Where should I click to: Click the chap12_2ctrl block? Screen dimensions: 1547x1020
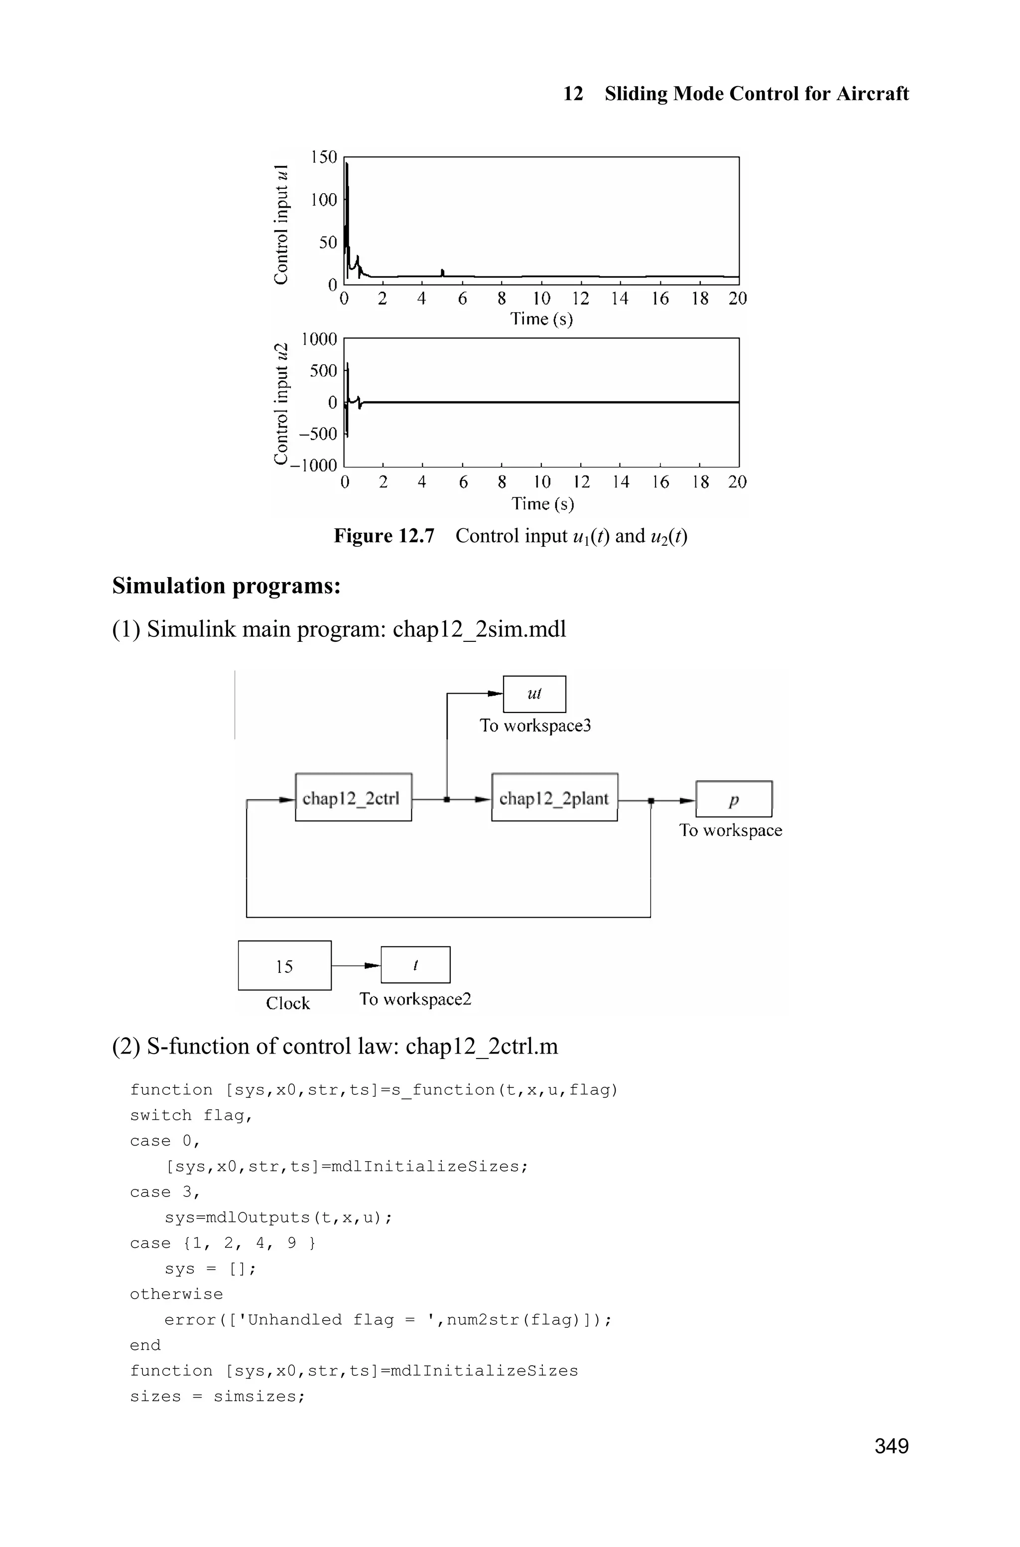click(353, 797)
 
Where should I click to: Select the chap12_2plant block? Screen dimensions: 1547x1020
click(554, 797)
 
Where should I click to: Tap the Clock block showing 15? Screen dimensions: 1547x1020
click(284, 965)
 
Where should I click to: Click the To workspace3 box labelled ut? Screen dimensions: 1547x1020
click(534, 694)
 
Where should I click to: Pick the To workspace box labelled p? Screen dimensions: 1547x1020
click(734, 799)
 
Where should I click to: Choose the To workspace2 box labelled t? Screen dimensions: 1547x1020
click(415, 965)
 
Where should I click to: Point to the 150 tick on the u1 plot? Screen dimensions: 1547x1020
click(324, 157)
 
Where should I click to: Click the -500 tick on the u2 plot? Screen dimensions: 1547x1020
click(318, 434)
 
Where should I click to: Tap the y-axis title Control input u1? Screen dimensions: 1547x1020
click(281, 225)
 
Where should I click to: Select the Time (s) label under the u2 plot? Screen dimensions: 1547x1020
click(542, 503)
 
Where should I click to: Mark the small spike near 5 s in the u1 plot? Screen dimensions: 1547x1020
click(442, 272)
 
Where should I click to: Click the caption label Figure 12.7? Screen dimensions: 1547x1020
click(384, 536)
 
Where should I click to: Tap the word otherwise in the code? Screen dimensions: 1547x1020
click(176, 1294)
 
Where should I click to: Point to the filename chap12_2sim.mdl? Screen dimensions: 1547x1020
click(480, 629)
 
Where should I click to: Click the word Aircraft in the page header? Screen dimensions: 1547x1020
click(872, 94)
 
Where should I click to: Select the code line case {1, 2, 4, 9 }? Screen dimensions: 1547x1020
click(223, 1243)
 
